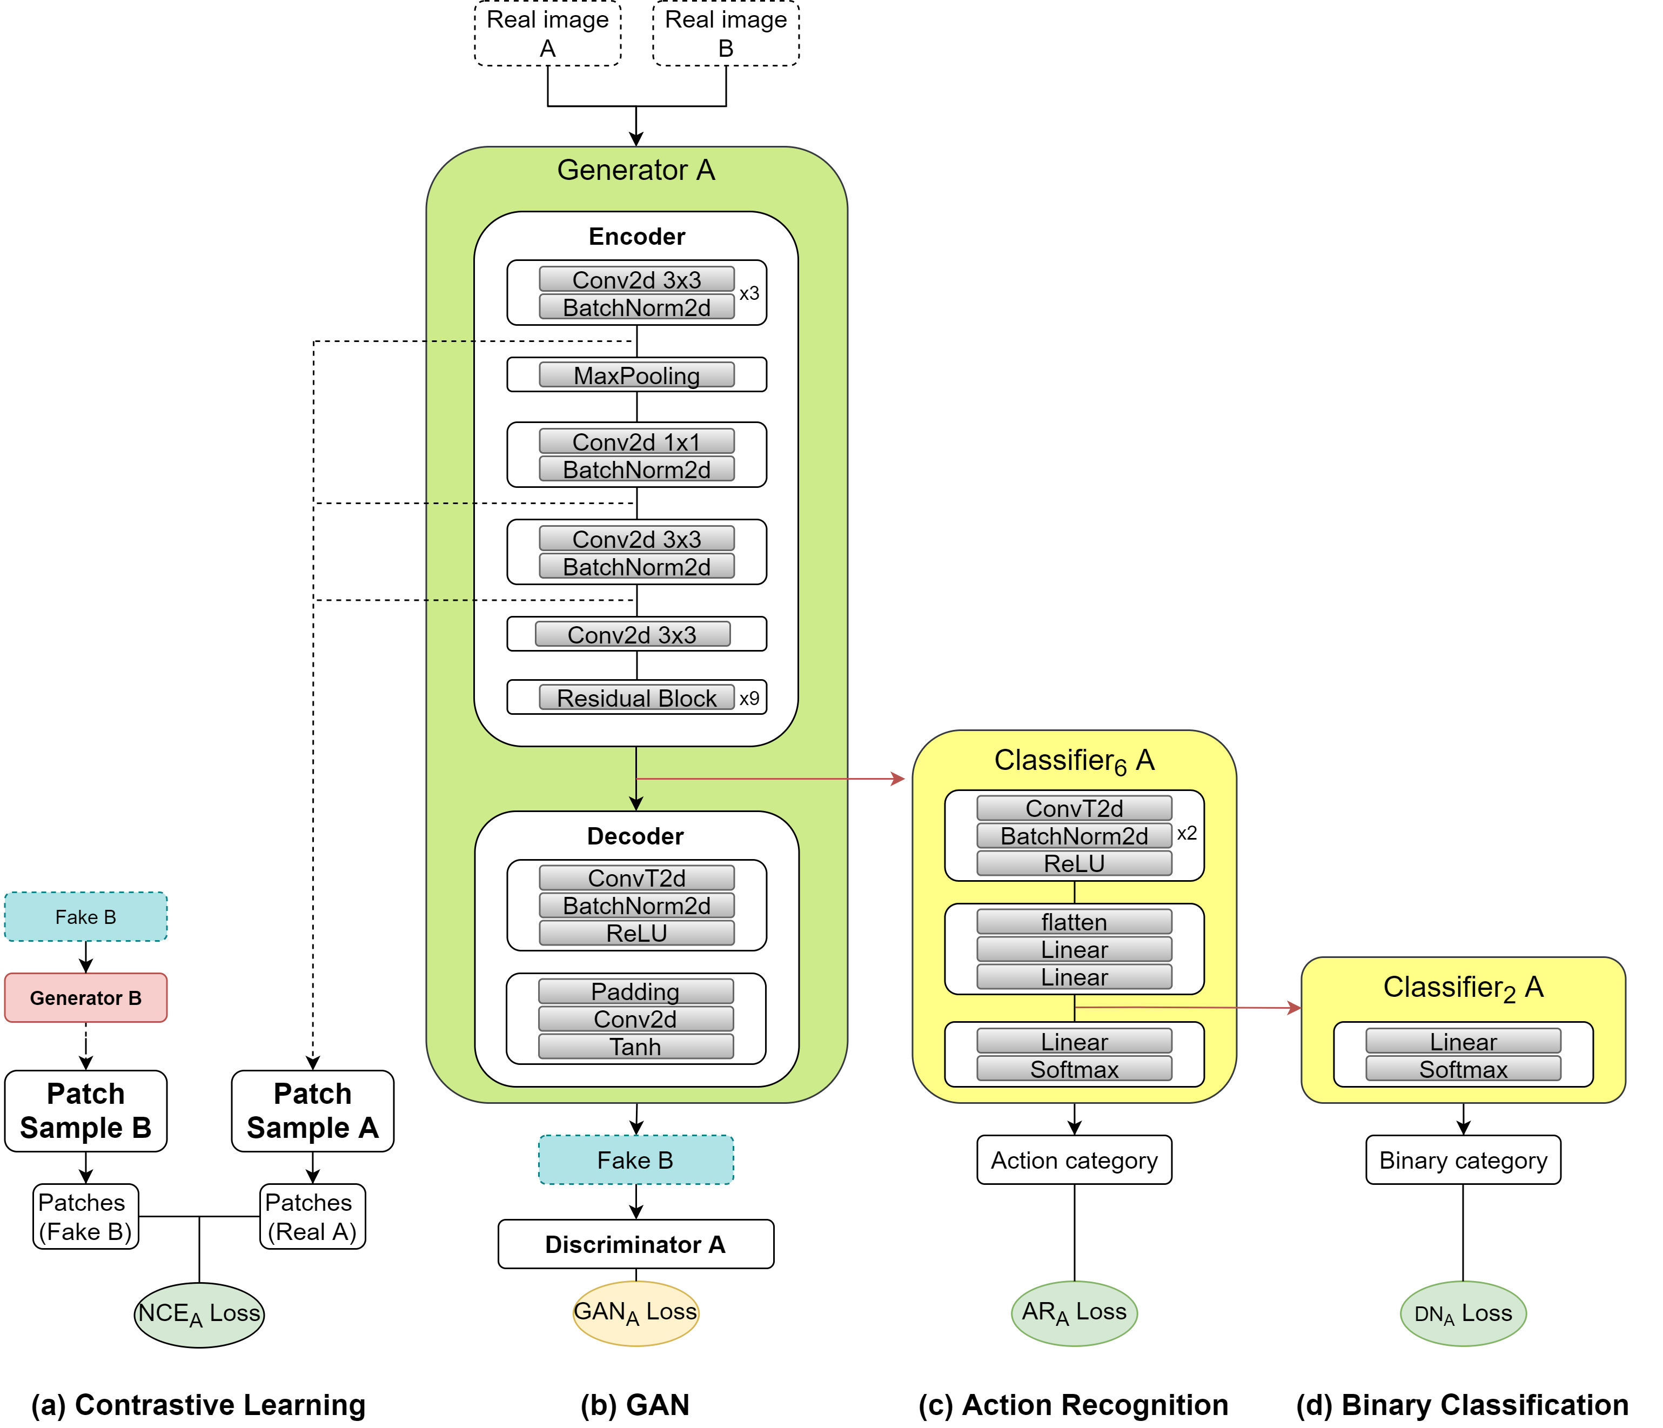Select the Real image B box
(726, 33)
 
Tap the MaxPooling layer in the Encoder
(636, 375)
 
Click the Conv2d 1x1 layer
(636, 441)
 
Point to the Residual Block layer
(636, 698)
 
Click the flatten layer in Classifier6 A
(1074, 922)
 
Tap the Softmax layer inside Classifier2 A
(1463, 1069)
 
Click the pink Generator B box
(86, 998)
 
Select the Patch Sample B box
(86, 1111)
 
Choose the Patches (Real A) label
(312, 1217)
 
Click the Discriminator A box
(636, 1244)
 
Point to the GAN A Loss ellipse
(636, 1313)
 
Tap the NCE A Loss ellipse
(199, 1314)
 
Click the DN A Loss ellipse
(1463, 1314)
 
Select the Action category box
(1074, 1160)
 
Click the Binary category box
(1463, 1160)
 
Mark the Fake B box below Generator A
(636, 1160)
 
